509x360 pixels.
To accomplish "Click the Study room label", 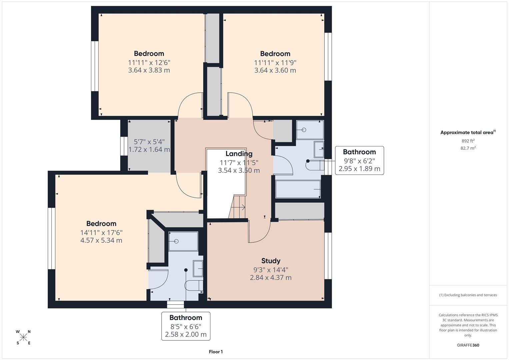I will pos(270,261).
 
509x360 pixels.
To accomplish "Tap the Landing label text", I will pos(239,154).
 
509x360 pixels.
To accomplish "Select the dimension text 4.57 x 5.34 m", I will pos(101,240).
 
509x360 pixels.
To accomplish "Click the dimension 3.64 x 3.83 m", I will pos(149,70).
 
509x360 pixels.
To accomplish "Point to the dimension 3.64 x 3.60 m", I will pos(275,70).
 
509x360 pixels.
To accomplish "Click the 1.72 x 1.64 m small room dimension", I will pos(149,150).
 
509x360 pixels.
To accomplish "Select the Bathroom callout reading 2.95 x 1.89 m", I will pos(359,160).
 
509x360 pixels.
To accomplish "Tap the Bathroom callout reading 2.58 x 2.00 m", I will pos(186,326).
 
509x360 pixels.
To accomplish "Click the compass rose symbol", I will pos(23,337).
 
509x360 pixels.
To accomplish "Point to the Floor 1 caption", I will pos(215,352).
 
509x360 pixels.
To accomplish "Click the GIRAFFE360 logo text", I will pos(468,345).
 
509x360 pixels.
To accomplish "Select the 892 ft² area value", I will pos(468,141).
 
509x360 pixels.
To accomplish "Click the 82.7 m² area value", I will pos(468,148).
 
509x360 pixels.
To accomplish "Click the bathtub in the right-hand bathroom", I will pos(298,189).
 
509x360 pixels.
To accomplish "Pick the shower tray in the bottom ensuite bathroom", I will pos(183,241).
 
